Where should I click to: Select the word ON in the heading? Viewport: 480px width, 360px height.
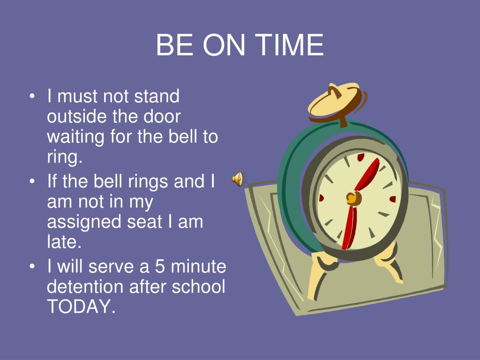tap(225, 45)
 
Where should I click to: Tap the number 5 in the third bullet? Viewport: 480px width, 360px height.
tap(160, 267)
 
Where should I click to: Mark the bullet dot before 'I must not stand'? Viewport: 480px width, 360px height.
tap(32, 97)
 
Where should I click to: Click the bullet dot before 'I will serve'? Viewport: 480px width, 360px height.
tap(32, 267)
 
